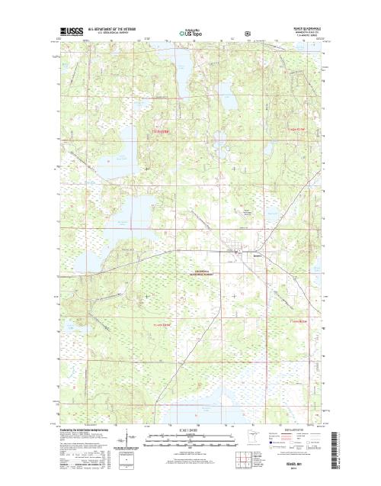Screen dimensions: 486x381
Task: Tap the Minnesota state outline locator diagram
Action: pos(267,440)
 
